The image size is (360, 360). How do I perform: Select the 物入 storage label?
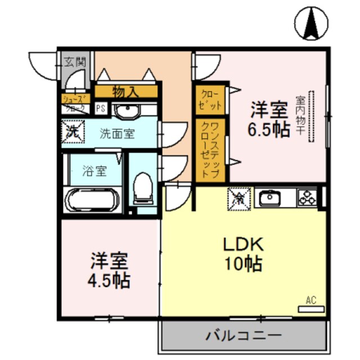pos(125,92)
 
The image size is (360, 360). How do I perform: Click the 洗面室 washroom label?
pos(117,134)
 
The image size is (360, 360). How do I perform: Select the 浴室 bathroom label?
pos(94,171)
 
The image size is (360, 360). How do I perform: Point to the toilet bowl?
pos(143,188)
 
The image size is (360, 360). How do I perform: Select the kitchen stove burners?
pos(308,197)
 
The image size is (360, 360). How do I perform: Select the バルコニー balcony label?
pos(243,336)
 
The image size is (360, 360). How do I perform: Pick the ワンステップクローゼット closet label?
pos(210,149)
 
